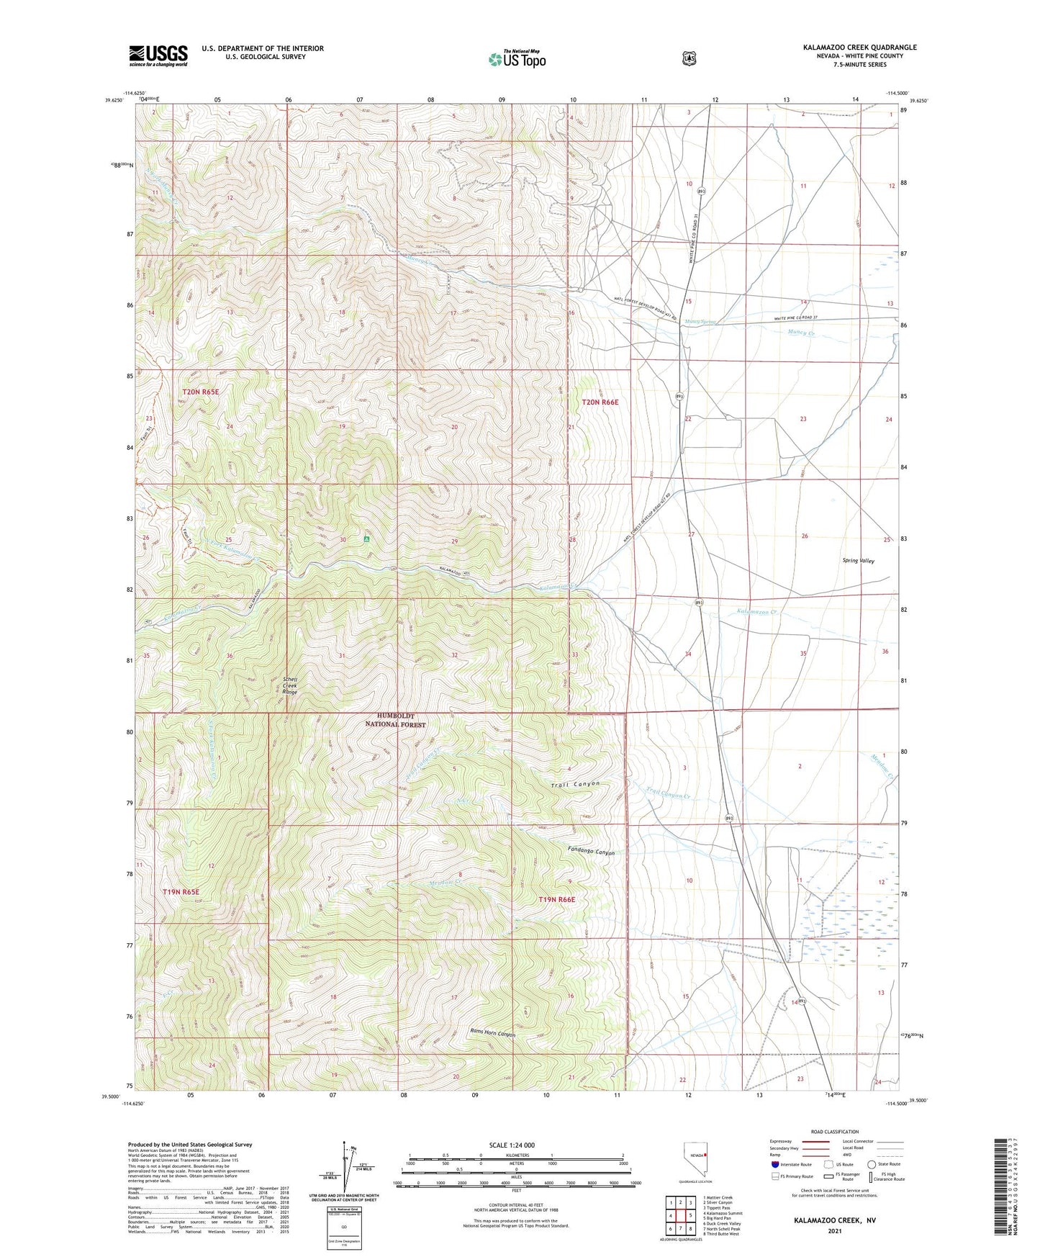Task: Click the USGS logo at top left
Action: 158,55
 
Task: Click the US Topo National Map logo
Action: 516,58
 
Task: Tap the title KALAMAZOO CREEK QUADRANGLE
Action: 859,48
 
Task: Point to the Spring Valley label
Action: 858,560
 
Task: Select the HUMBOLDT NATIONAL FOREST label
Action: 395,720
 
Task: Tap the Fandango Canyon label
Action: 590,852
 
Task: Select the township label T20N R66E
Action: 600,402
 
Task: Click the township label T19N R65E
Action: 181,891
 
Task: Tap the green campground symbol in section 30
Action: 367,538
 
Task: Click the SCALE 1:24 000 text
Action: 512,1145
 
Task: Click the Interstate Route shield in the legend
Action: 774,1163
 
